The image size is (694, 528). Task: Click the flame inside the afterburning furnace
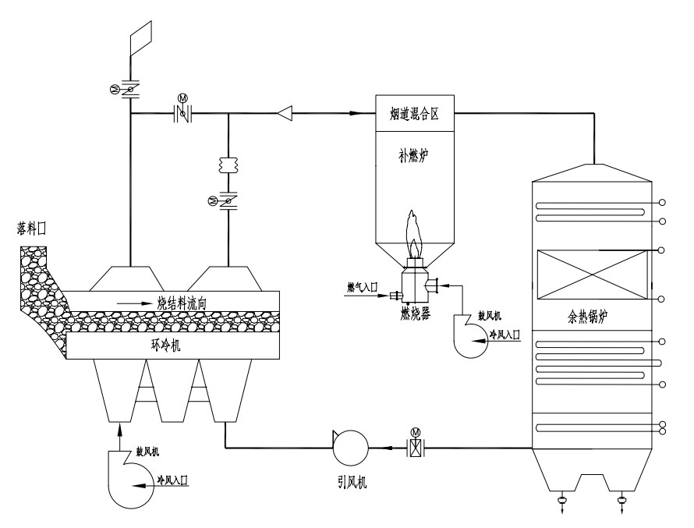pos(414,235)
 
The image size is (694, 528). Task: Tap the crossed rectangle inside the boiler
pos(591,275)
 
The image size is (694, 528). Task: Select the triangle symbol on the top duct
pos(286,115)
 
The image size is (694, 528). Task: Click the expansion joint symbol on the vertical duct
pos(228,167)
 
